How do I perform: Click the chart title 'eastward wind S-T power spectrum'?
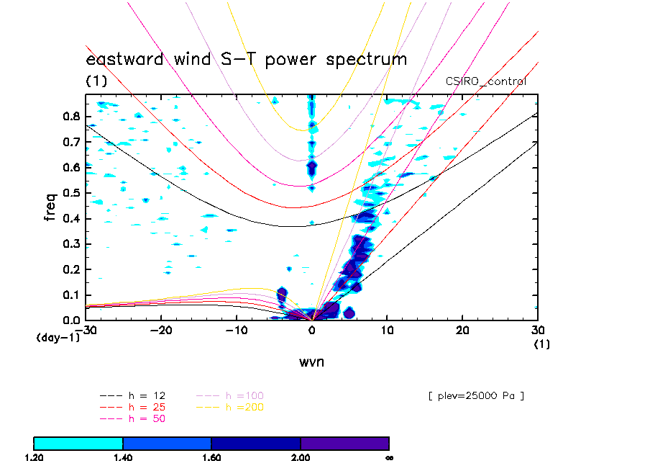[246, 59]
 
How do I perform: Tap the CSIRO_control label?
[486, 81]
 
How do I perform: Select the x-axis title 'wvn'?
[311, 362]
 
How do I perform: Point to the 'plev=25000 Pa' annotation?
[475, 395]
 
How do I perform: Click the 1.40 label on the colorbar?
[123, 457]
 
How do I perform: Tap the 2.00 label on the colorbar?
[301, 457]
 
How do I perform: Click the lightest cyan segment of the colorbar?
[78, 443]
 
